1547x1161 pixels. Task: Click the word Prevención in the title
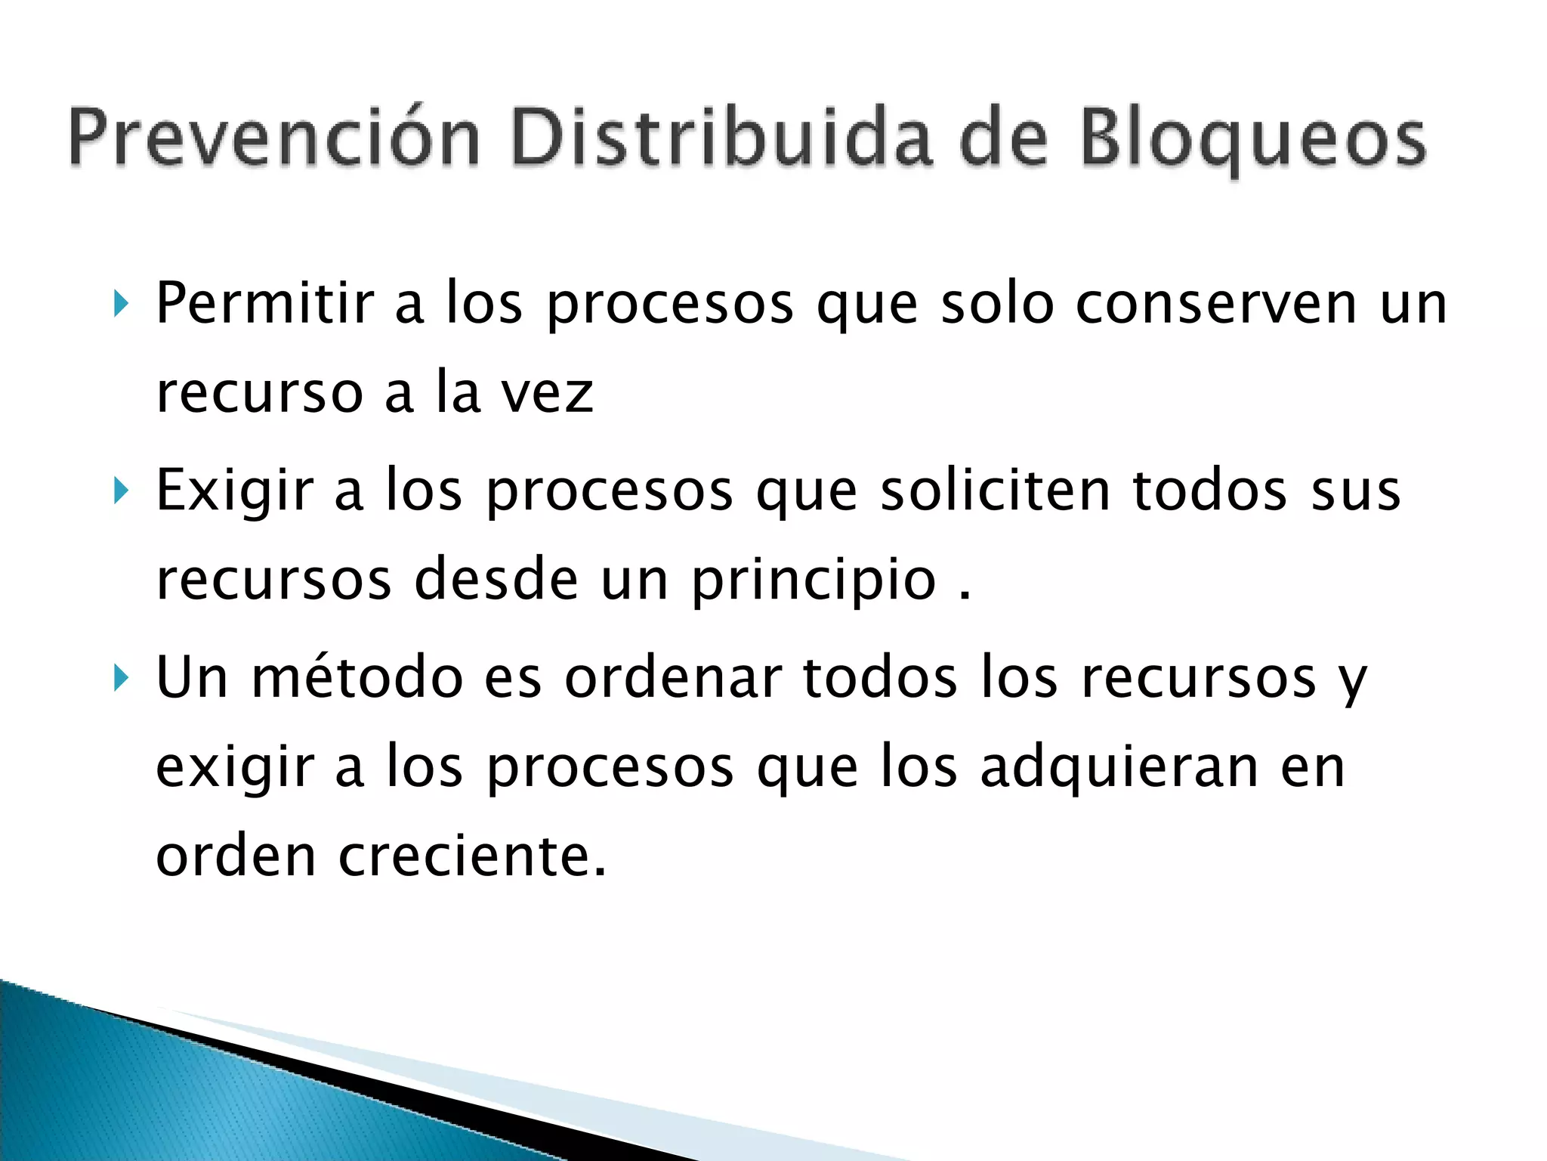pos(274,138)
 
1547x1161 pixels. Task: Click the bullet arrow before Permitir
pos(121,304)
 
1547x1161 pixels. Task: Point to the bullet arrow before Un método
pos(121,678)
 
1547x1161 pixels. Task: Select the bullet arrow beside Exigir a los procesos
pos(121,491)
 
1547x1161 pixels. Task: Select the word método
pos(357,678)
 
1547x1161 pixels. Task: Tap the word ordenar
pos(674,678)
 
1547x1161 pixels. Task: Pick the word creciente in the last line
pos(472,856)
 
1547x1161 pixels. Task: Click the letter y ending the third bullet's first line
pos(1353,683)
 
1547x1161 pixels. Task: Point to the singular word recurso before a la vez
pos(260,394)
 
